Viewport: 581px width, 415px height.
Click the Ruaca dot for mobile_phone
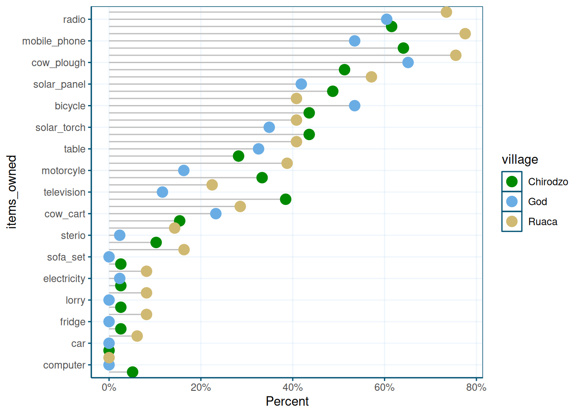(465, 34)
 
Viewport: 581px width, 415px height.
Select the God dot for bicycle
(354, 105)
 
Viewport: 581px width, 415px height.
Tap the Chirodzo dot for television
(285, 199)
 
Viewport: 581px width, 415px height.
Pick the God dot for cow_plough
(408, 63)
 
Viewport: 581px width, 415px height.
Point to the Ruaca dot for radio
(446, 12)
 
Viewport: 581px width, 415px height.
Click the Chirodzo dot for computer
(133, 372)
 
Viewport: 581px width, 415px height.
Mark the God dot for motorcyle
(184, 170)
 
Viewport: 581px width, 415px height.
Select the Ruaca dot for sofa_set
(184, 249)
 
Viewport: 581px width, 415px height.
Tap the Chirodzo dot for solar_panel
(332, 91)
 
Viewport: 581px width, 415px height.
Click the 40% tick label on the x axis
(293, 388)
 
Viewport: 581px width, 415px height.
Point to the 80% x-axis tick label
(476, 388)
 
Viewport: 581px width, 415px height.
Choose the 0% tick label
(109, 388)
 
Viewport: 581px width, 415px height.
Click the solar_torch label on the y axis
(61, 128)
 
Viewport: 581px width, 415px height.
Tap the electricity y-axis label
(64, 279)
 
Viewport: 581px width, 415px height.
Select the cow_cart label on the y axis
(65, 214)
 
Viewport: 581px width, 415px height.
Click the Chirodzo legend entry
(548, 182)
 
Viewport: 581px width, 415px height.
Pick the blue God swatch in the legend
(512, 201)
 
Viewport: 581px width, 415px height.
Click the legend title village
(520, 160)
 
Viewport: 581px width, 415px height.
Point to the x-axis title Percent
(287, 402)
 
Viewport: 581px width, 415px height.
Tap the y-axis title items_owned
(12, 192)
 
